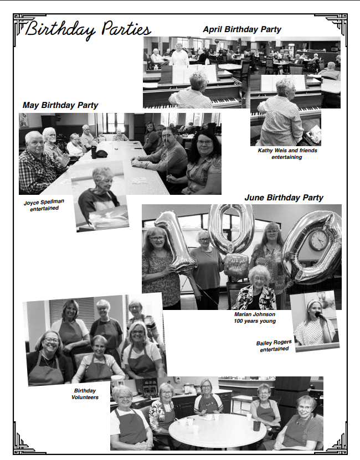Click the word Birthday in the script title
click(x=60, y=30)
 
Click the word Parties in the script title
click(x=126, y=29)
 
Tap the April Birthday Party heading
click(x=242, y=29)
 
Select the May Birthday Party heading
click(x=60, y=105)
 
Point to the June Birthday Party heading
click(x=284, y=198)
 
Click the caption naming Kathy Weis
click(x=287, y=154)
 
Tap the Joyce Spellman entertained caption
click(x=44, y=205)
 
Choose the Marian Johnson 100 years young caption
click(x=255, y=317)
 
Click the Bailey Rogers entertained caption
click(x=274, y=346)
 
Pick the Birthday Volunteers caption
click(x=85, y=394)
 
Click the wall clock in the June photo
click(x=318, y=240)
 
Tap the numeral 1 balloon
click(x=176, y=241)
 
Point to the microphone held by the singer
click(x=320, y=316)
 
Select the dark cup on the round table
click(x=256, y=426)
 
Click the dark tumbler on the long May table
click(x=94, y=152)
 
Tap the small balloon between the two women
click(x=236, y=266)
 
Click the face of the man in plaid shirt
click(x=35, y=144)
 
